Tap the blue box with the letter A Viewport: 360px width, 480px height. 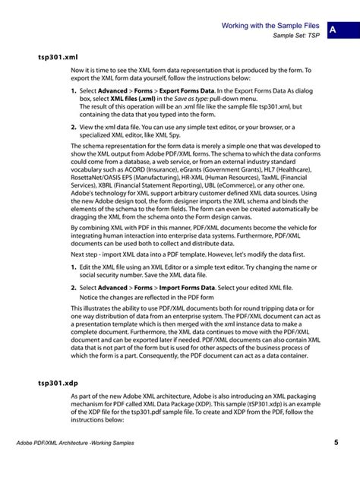click(x=336, y=29)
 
